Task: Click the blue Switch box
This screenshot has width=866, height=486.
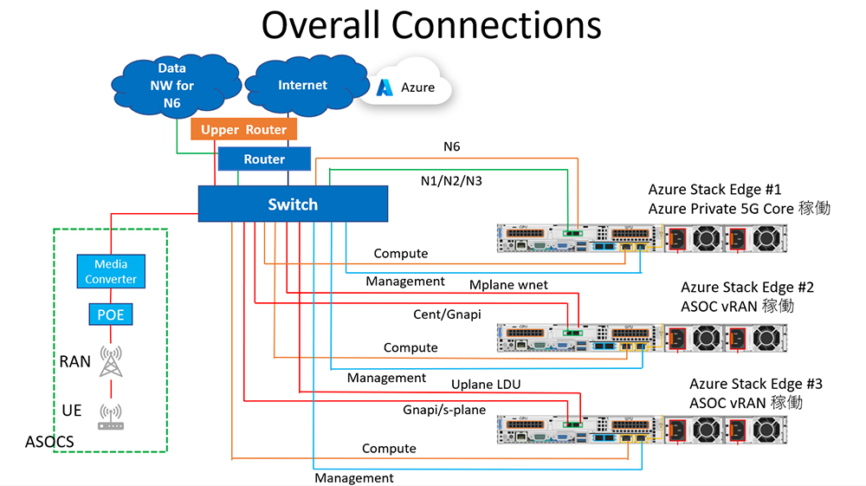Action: point(292,204)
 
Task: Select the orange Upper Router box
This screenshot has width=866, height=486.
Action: point(243,130)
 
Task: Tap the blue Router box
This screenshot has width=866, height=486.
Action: point(264,159)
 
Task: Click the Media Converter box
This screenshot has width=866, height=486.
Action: point(111,271)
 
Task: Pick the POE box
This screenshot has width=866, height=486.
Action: point(111,315)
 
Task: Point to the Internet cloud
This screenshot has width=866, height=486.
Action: point(302,86)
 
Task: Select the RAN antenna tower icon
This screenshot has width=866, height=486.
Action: point(111,360)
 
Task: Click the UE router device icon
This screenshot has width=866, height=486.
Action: point(111,416)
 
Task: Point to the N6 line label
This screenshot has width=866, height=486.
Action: point(451,146)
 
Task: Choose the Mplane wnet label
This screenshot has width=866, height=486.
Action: point(508,284)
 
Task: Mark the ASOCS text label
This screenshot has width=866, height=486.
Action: point(49,442)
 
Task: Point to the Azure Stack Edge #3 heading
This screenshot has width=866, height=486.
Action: point(756,384)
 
